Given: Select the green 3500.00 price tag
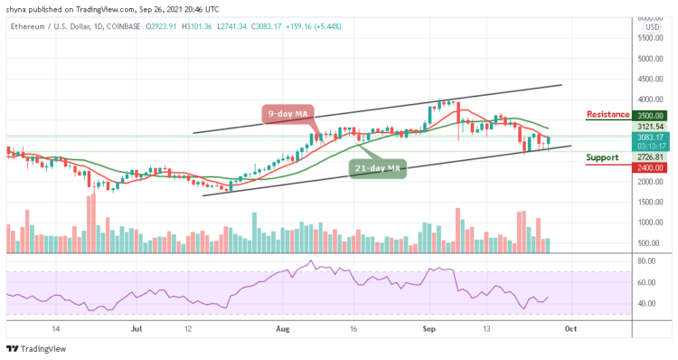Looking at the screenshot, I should (x=649, y=116).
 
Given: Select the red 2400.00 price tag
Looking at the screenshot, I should (x=649, y=166).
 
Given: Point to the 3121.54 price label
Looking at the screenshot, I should (x=649, y=128).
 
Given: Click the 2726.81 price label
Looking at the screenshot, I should (x=649, y=156).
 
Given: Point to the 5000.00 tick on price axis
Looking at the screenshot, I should (x=649, y=59).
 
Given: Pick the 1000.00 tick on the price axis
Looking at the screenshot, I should (x=649, y=223).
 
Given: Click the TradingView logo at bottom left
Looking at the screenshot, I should (x=31, y=349).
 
